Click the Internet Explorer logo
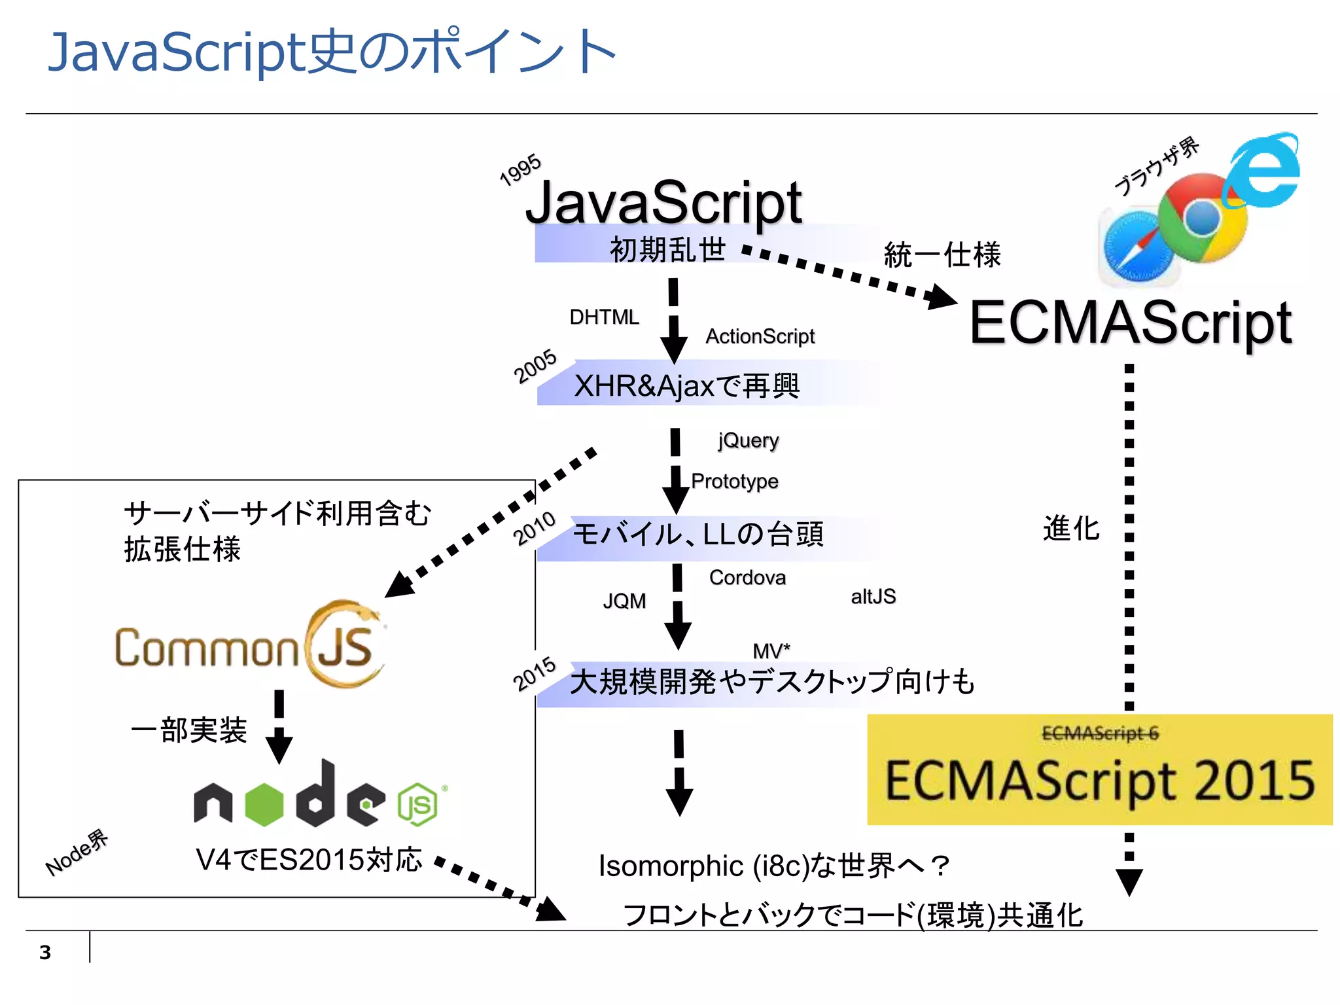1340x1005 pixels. [1263, 171]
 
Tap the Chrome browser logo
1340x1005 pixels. [1203, 219]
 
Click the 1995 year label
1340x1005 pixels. [520, 170]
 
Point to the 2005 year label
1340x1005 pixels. [535, 366]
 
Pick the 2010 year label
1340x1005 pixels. [534, 529]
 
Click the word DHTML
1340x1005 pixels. [604, 317]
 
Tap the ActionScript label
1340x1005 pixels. [760, 336]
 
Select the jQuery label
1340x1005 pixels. [748, 440]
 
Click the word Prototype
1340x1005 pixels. [734, 481]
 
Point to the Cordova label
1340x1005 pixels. [747, 578]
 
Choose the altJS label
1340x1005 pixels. [873, 597]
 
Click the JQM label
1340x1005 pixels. [624, 601]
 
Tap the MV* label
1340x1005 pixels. [771, 650]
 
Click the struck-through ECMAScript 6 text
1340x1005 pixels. [1100, 733]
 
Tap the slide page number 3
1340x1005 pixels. [45, 953]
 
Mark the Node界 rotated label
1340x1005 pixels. [77, 853]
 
